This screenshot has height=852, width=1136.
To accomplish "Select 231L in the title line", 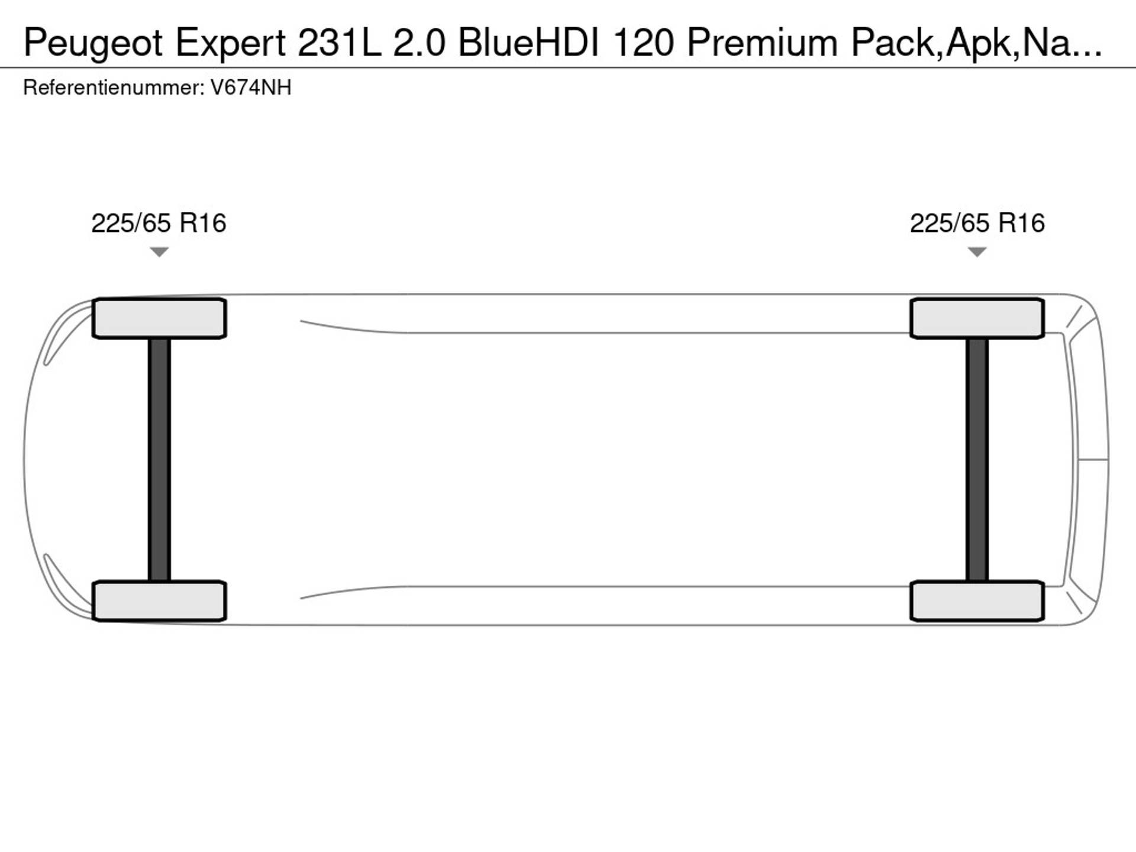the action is coord(339,43).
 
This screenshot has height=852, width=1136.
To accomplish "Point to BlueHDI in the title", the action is coord(528,43).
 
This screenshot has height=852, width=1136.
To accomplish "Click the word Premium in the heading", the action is coord(762,43).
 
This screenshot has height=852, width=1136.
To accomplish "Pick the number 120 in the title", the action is coord(643,43).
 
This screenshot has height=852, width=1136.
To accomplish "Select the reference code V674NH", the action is coord(251,88).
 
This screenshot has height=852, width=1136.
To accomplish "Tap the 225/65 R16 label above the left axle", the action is coord(159,223).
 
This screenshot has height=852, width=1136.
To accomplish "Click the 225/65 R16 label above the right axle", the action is coord(977,223).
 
